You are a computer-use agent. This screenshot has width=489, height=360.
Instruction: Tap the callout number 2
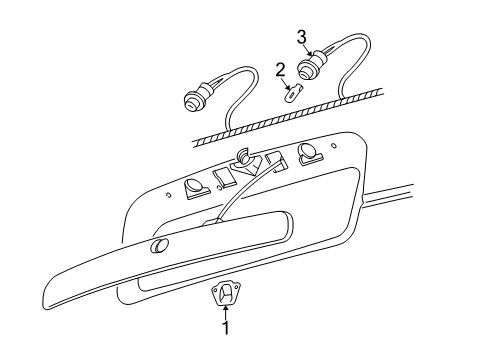point(281,70)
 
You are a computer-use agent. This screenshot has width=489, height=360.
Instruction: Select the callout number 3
point(301,37)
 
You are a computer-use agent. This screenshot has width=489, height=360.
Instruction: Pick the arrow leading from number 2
point(284,82)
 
